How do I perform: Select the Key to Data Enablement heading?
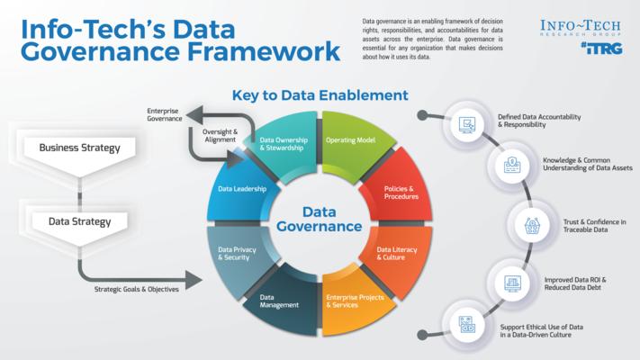pos(320,94)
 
